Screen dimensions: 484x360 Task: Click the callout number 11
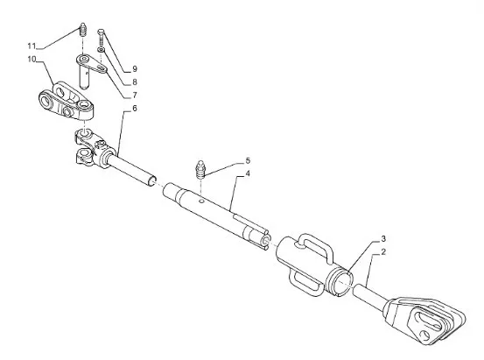(x=32, y=46)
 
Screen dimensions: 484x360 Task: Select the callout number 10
(x=32, y=59)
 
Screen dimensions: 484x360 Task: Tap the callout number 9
(x=135, y=69)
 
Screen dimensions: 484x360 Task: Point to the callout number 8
(x=135, y=82)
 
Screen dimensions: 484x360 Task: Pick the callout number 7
(x=135, y=95)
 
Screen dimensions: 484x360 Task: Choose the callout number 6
(x=135, y=109)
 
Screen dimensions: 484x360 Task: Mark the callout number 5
(x=248, y=160)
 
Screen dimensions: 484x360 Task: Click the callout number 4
(x=248, y=173)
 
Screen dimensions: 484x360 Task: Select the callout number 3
(x=383, y=239)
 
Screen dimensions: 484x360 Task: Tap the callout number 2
(x=383, y=252)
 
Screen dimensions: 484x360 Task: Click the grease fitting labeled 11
(x=82, y=30)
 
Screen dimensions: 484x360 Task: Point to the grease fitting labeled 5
(x=200, y=170)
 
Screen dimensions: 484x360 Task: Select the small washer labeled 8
(x=101, y=49)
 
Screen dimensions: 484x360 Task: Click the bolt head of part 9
(x=101, y=32)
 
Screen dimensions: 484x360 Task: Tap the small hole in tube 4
(x=201, y=201)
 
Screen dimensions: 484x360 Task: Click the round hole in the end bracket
(x=425, y=335)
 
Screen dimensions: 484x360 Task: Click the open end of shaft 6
(x=152, y=181)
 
